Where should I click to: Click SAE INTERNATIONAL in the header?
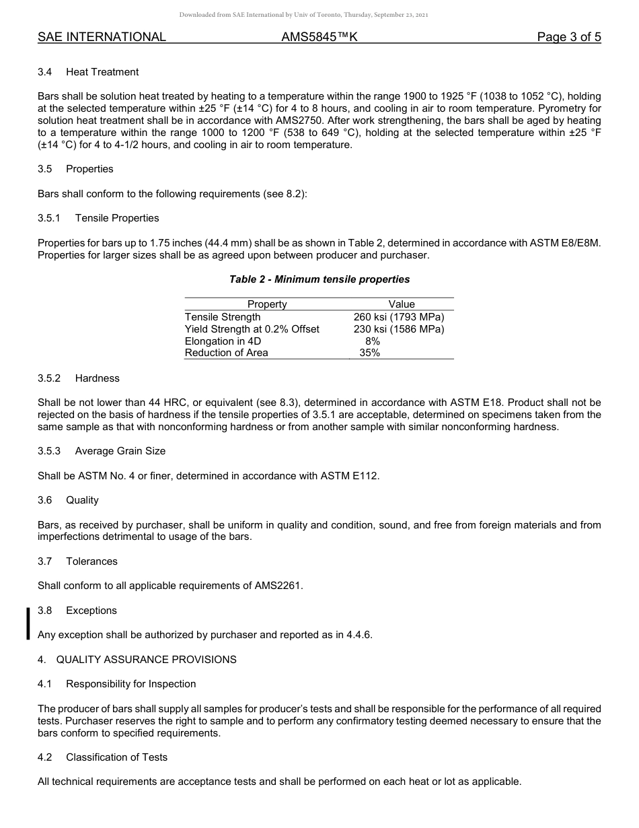click(x=102, y=38)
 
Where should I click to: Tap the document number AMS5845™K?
click(x=319, y=38)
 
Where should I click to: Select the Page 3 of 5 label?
click(x=568, y=38)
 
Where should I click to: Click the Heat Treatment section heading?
click(x=102, y=72)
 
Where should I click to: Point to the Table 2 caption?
click(x=319, y=279)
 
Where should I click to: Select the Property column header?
click(x=267, y=304)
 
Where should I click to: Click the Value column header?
click(x=402, y=304)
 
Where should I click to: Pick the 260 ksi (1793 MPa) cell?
click(x=399, y=316)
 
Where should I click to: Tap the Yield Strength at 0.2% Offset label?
click(x=252, y=329)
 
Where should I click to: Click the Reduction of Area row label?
click(x=227, y=353)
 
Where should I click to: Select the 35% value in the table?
click(x=369, y=353)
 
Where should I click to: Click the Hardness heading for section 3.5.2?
click(x=98, y=378)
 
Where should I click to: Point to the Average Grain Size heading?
click(x=120, y=451)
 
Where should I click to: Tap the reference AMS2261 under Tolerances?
click(x=278, y=586)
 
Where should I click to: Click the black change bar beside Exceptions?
click(x=28, y=623)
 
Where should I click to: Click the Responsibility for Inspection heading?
click(x=131, y=684)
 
